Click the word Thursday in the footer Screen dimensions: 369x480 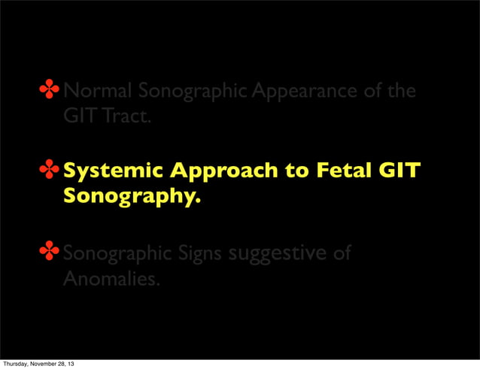[17, 364]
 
